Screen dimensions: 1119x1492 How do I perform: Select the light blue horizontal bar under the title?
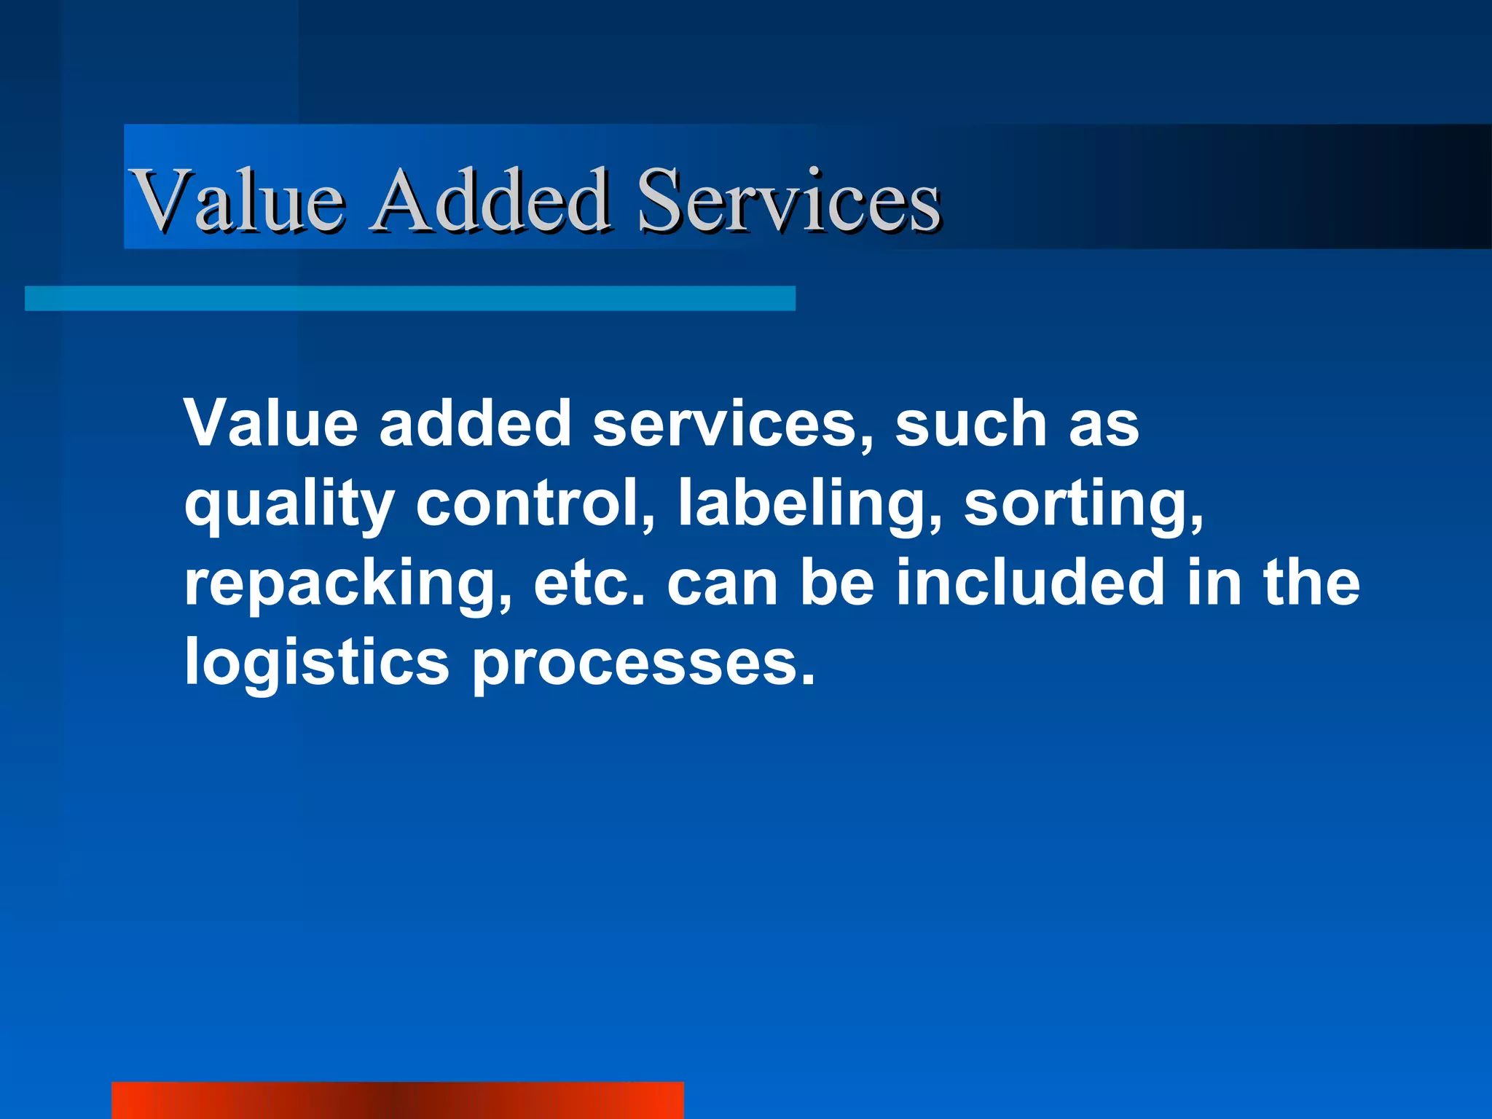click(409, 299)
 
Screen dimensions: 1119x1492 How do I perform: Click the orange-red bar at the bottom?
click(397, 1100)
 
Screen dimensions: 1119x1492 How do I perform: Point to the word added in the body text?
click(475, 423)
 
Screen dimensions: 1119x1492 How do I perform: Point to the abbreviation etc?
click(590, 583)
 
